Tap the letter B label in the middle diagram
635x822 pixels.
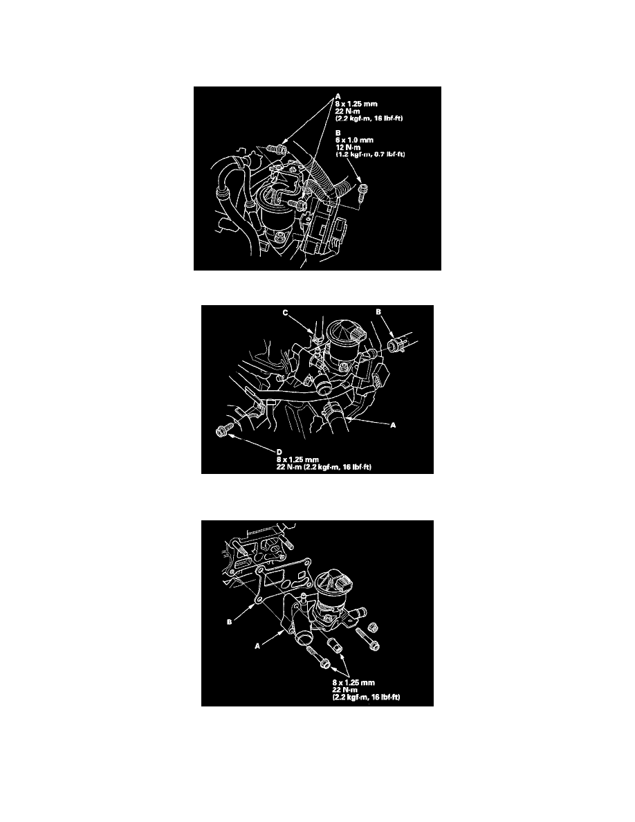coord(379,313)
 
